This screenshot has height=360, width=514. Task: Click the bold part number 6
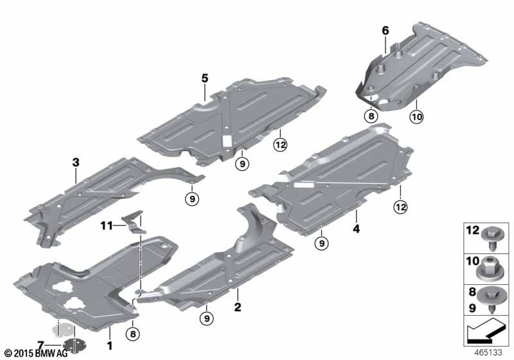pyautogui.click(x=385, y=30)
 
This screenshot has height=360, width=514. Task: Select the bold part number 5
pyautogui.click(x=204, y=78)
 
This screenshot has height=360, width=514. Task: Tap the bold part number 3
pyautogui.click(x=76, y=162)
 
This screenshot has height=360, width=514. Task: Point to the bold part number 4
pyautogui.click(x=357, y=228)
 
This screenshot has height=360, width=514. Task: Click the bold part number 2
pyautogui.click(x=238, y=307)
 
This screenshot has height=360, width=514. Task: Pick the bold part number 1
pyautogui.click(x=110, y=345)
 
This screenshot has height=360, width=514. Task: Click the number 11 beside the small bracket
pyautogui.click(x=107, y=226)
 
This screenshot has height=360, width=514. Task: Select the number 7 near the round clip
pyautogui.click(x=40, y=345)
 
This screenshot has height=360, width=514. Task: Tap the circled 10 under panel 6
pyautogui.click(x=416, y=116)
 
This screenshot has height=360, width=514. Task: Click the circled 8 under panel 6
pyautogui.click(x=371, y=116)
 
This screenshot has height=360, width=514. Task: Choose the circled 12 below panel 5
pyautogui.click(x=281, y=145)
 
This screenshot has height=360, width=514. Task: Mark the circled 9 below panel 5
pyautogui.click(x=242, y=163)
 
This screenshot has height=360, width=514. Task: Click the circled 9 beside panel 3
pyautogui.click(x=192, y=199)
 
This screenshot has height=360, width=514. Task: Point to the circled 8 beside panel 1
pyautogui.click(x=133, y=334)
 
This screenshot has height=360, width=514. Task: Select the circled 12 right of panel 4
pyautogui.click(x=401, y=206)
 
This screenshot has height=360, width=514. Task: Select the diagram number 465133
pyautogui.click(x=488, y=352)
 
